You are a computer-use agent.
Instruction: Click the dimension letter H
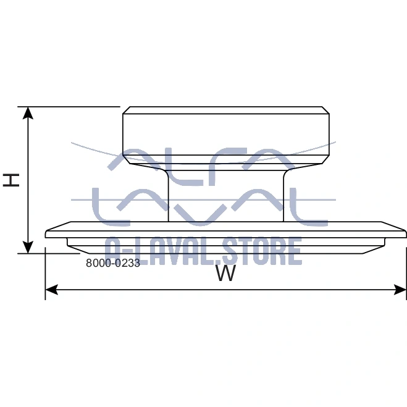[x=11, y=180]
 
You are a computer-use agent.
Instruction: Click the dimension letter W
[x=226, y=273]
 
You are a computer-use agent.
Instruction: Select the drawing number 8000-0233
[x=113, y=263]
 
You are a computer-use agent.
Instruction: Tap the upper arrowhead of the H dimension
[x=28, y=112]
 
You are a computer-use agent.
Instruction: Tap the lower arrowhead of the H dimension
[x=28, y=248]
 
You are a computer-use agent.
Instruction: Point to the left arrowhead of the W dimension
[x=51, y=290]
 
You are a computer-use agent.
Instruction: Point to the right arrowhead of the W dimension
[x=400, y=290]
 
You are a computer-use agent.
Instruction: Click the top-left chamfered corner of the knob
[x=127, y=110]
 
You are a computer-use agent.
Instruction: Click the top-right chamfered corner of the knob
[x=325, y=110]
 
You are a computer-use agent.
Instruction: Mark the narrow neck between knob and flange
[x=226, y=196]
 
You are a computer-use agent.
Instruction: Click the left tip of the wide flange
[x=46, y=234]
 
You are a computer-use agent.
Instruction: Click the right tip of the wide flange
[x=406, y=233]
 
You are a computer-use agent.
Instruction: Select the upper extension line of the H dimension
[x=69, y=107]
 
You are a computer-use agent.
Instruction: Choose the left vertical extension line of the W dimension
[x=46, y=274]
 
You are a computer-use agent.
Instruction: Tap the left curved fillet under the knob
[x=161, y=171]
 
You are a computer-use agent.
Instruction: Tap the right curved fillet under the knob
[x=291, y=171]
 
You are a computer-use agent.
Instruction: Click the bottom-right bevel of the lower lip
[x=374, y=250]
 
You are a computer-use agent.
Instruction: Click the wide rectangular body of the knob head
[x=226, y=135]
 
